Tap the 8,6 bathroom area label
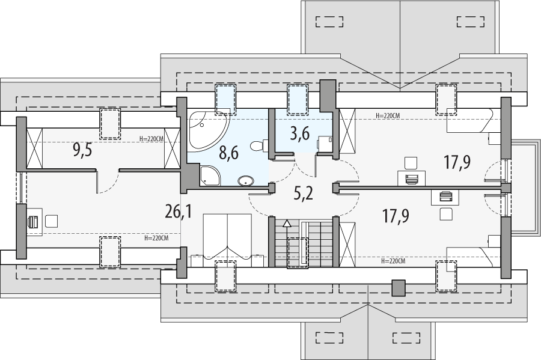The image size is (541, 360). point(228,153)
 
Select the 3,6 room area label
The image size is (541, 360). point(299,133)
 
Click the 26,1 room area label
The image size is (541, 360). point(178,211)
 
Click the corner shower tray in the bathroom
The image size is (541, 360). point(210,176)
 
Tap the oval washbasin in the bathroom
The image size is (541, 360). point(246,180)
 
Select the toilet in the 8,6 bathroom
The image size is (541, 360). point(257,145)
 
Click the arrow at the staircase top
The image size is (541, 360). point(287,224)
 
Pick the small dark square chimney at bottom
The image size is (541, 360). point(398,288)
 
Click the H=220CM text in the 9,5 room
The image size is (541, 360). point(151,139)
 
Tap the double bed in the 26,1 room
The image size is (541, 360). point(227,236)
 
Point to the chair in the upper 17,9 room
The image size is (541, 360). point(411,162)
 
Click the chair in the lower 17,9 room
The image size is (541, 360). point(446,213)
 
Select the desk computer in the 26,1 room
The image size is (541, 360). point(34,221)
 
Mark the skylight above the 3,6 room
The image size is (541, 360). point(298,97)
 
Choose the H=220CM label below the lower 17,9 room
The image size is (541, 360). point(394,261)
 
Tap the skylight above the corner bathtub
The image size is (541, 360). point(225,97)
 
